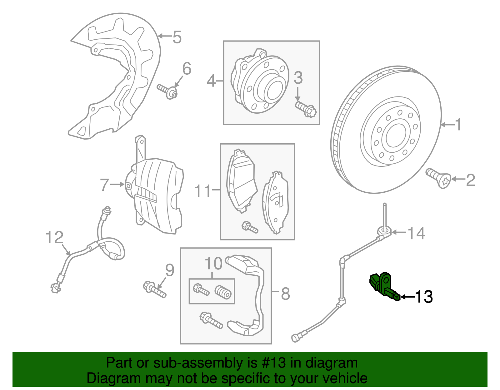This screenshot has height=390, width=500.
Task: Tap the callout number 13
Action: [424, 297]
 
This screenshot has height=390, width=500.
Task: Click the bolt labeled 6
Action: [167, 91]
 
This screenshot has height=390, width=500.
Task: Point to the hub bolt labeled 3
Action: [306, 109]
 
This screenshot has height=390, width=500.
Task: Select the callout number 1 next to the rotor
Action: [458, 125]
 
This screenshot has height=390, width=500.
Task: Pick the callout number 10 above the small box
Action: [213, 264]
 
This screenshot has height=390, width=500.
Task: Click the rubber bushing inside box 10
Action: [223, 292]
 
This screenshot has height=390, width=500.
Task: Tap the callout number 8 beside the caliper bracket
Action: [285, 294]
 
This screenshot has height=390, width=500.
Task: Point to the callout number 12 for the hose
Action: [54, 238]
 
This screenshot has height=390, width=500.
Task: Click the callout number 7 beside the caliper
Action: [104, 185]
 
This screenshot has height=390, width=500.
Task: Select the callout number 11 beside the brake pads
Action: [203, 191]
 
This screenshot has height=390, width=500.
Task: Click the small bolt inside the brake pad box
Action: [250, 227]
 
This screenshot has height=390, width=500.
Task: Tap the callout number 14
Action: [417, 233]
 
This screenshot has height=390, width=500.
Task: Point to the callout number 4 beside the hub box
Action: [211, 81]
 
